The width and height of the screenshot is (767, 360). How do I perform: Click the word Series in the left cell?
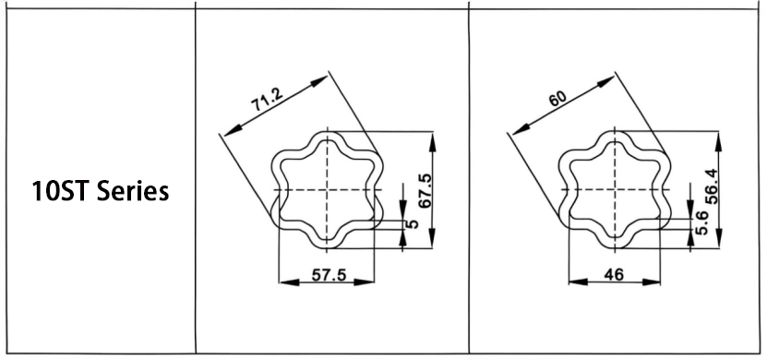click(133, 191)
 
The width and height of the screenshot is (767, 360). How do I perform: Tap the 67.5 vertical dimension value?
click(425, 190)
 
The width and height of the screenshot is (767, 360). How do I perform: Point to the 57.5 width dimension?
click(329, 275)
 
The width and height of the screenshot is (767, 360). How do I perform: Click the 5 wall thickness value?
click(413, 224)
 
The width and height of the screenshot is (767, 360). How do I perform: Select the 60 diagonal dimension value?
click(557, 99)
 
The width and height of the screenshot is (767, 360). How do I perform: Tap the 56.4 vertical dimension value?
click(712, 186)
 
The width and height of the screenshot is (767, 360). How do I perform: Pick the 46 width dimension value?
click(614, 275)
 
